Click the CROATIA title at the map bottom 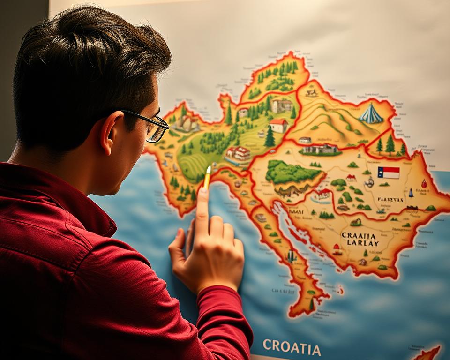(292, 347)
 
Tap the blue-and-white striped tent (371, 114)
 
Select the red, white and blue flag (389, 172)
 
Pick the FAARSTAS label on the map (390, 199)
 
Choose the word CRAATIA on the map (359, 235)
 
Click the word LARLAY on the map (360, 244)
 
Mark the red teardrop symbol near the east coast (424, 183)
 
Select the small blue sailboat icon (411, 193)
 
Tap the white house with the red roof (278, 125)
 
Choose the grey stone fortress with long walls (320, 149)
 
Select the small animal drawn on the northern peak (312, 93)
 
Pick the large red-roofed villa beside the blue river (238, 154)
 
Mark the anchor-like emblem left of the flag (369, 182)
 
